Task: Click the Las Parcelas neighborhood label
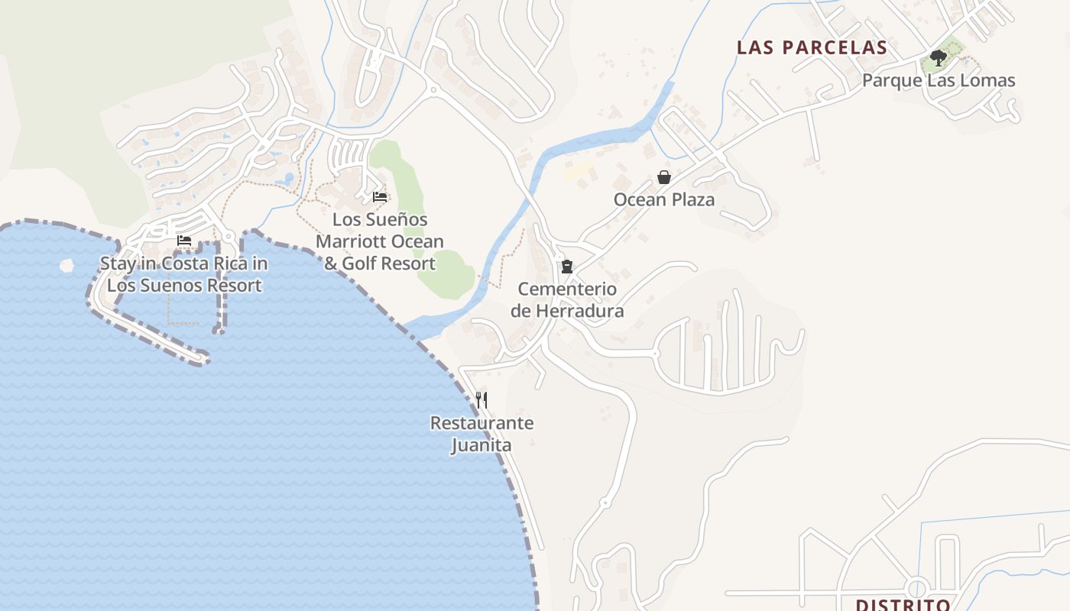812,47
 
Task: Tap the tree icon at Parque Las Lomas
938,58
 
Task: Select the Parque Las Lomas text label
939,80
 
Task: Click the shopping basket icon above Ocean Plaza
664,177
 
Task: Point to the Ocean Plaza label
664,200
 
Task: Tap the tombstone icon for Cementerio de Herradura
566,267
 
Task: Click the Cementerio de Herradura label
567,300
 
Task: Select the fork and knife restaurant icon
481,399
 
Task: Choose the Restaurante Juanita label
481,434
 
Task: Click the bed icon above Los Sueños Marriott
380,197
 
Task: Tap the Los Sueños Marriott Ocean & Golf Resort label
380,241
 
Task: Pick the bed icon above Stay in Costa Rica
184,241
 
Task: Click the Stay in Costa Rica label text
184,275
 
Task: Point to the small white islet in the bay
66,265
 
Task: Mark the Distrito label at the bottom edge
903,605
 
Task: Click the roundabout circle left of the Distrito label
916,589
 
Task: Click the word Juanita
481,445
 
